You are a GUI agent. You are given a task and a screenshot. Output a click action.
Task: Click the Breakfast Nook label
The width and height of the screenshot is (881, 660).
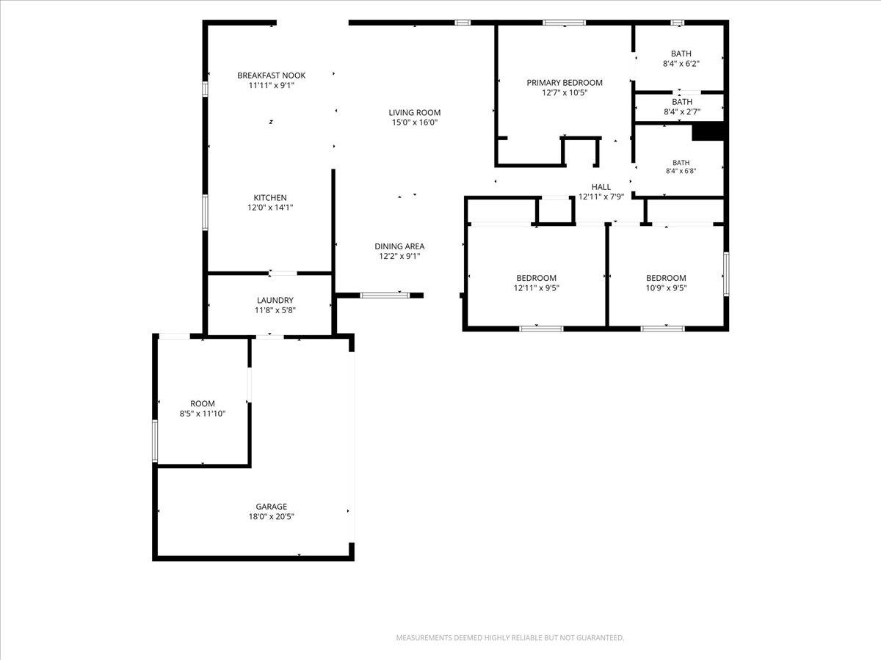click(x=272, y=76)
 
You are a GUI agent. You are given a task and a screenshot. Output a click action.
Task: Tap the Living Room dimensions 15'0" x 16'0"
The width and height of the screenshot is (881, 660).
click(x=415, y=122)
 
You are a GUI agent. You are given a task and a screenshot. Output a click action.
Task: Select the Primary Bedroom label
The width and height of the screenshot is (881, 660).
click(x=565, y=83)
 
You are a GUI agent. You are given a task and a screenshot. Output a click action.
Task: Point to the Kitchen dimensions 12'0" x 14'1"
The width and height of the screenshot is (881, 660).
click(x=270, y=208)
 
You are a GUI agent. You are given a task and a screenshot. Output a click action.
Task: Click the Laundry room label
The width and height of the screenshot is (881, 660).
click(x=275, y=300)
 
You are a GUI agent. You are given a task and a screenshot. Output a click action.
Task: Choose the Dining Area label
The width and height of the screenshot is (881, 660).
click(x=399, y=246)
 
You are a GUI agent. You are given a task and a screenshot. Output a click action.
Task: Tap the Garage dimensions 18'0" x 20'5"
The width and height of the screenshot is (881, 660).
click(x=272, y=516)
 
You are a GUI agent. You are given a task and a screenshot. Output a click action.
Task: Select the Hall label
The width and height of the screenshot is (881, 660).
click(x=601, y=187)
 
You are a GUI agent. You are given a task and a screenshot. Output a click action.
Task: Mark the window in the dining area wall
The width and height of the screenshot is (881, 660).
click(x=385, y=296)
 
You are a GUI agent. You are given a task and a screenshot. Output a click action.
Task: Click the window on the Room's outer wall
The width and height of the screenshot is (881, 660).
click(x=155, y=441)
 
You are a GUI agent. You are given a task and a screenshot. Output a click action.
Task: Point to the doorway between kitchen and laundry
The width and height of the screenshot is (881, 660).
click(x=283, y=274)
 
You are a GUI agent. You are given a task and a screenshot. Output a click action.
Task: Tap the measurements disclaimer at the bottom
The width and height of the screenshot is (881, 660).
click(x=510, y=637)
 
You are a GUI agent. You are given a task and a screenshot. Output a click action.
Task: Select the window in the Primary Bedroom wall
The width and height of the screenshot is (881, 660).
click(x=564, y=23)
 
